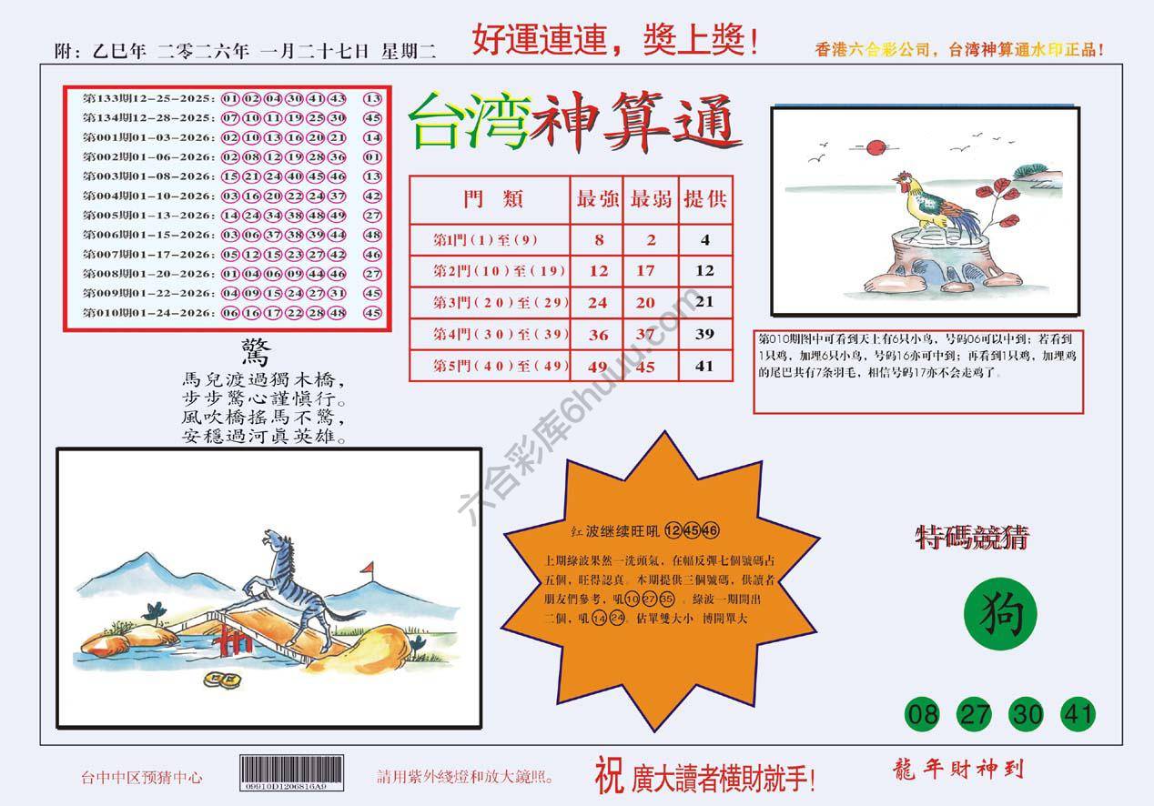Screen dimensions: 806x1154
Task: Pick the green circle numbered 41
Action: pos(1078,714)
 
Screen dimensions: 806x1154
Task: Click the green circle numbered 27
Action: pos(975,714)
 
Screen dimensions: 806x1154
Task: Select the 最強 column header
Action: pos(598,199)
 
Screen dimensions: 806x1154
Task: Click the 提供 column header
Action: pos(705,199)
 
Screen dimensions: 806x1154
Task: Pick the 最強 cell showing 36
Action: pos(598,335)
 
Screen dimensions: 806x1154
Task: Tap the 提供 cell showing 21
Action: pos(705,302)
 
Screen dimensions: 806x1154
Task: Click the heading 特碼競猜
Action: pos(971,539)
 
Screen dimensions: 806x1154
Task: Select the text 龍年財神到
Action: pos(959,770)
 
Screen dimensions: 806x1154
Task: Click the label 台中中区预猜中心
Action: pos(141,777)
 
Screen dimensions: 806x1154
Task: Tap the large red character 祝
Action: pos(609,775)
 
